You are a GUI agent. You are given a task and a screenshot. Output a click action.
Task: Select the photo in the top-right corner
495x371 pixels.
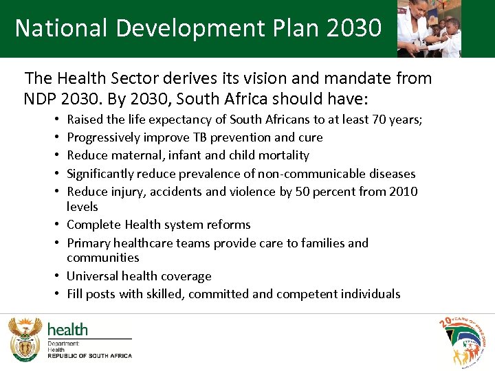click(429, 28)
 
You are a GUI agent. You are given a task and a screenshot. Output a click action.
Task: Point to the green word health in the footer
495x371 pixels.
click(67, 329)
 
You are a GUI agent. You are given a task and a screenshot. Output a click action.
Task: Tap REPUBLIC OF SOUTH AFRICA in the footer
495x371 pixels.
click(89, 356)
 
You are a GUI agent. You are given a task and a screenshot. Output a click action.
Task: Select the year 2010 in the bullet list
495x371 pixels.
click(404, 192)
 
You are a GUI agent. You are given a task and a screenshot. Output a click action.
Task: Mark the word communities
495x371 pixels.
click(103, 258)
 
